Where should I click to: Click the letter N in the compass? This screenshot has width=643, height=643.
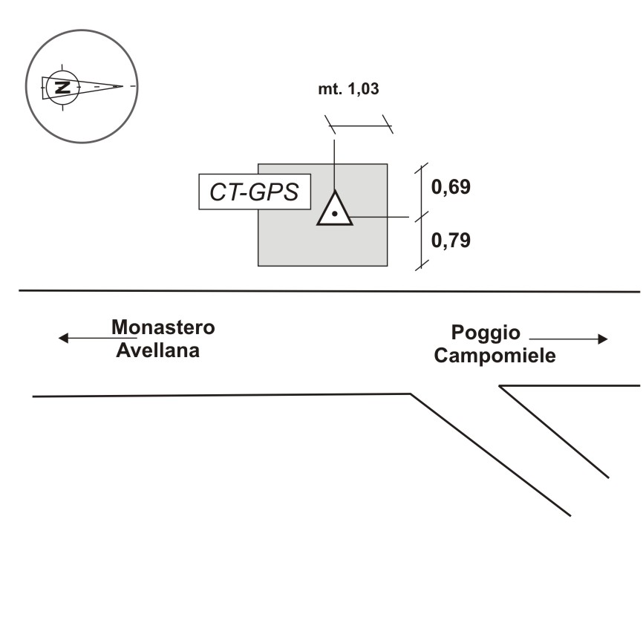[65, 87]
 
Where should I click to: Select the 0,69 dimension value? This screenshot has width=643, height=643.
[451, 186]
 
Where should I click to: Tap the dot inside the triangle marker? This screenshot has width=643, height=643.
[335, 214]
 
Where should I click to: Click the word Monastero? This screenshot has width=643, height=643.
[163, 327]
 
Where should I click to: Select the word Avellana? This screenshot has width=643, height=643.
[158, 350]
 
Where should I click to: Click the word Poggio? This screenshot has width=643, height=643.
[486, 333]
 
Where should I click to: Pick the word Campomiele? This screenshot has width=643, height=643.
[495, 356]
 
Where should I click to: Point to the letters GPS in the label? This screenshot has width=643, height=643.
[274, 192]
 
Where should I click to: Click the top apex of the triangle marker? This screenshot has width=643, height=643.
[335, 192]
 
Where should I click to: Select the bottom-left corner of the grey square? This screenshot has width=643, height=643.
[258, 265]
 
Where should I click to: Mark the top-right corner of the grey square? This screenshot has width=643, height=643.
[387, 164]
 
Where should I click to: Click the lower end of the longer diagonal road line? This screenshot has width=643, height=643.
[570, 515]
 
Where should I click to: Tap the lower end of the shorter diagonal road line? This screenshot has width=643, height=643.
[609, 477]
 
